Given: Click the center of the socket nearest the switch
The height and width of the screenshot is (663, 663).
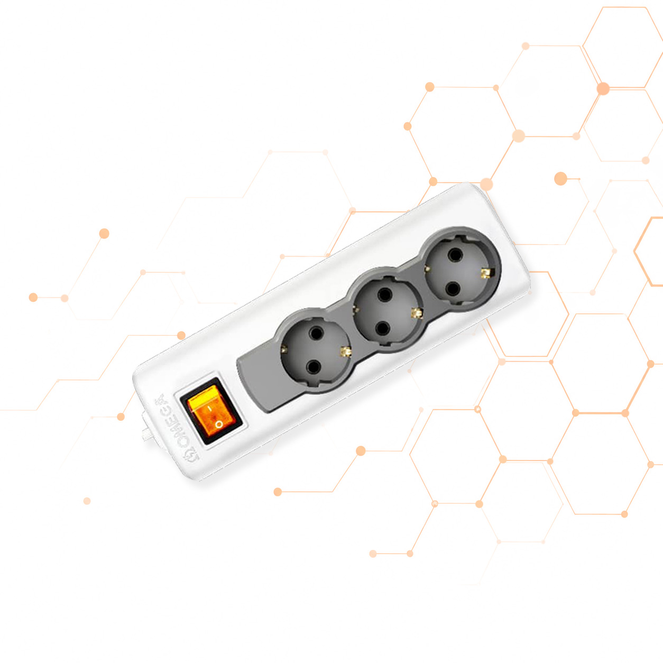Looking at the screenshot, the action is coord(315,350).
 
